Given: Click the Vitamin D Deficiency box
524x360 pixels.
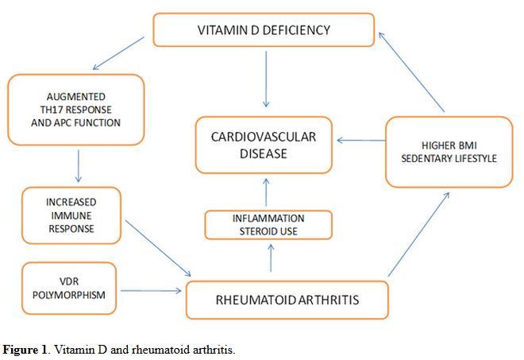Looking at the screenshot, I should click(x=263, y=31).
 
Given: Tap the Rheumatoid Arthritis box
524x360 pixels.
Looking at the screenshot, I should click(x=287, y=300).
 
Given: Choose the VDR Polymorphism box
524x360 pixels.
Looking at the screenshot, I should click(x=70, y=288).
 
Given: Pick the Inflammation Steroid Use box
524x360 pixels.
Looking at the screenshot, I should click(x=268, y=225).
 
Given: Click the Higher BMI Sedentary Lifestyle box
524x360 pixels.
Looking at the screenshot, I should click(x=449, y=152).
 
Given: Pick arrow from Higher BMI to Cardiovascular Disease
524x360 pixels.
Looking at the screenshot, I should click(x=360, y=141).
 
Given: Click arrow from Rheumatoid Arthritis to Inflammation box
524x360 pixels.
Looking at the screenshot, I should click(x=271, y=258).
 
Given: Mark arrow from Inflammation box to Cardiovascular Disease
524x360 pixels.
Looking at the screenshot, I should click(x=266, y=193).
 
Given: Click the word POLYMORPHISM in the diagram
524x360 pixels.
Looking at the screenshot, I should click(x=70, y=295).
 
